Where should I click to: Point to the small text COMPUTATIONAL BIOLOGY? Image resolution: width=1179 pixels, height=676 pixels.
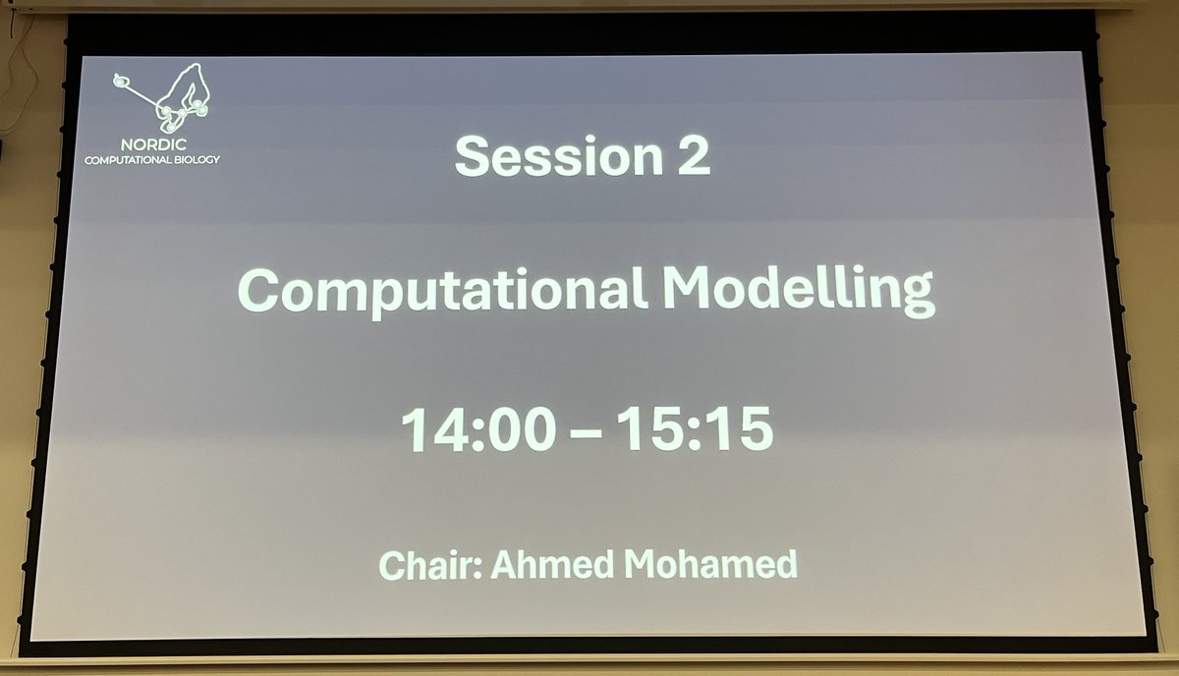pos(153,158)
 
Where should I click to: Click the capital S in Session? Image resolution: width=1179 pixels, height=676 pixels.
pos(473,157)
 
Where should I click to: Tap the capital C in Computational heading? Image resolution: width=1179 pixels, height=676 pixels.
pos(256,292)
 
